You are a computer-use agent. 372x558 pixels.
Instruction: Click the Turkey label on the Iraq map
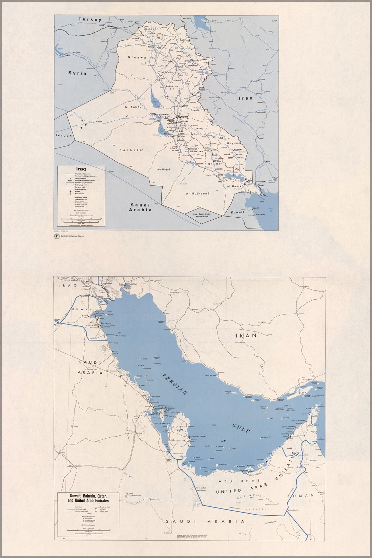pyautogui.click(x=90, y=20)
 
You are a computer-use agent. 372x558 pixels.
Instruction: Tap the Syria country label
pyautogui.click(x=77, y=73)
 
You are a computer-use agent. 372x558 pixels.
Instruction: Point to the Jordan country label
pyautogui.click(x=64, y=136)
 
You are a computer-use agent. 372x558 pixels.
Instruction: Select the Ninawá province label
pyautogui.click(x=137, y=58)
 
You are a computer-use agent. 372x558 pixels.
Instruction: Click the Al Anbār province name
pyautogui.click(x=133, y=107)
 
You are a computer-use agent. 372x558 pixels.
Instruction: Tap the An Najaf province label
pyautogui.click(x=163, y=169)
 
